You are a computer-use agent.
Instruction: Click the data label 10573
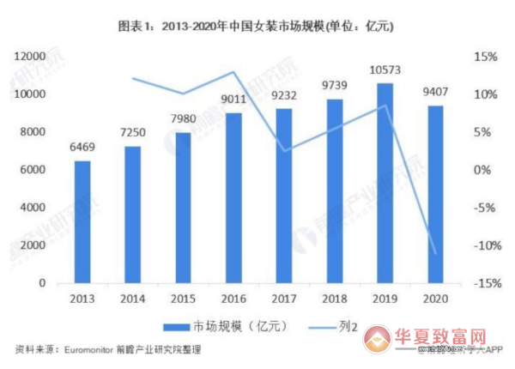(x=385, y=70)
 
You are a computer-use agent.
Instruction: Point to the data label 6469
(x=82, y=148)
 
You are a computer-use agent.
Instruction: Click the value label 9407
(x=435, y=93)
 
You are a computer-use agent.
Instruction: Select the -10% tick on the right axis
(x=484, y=245)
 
